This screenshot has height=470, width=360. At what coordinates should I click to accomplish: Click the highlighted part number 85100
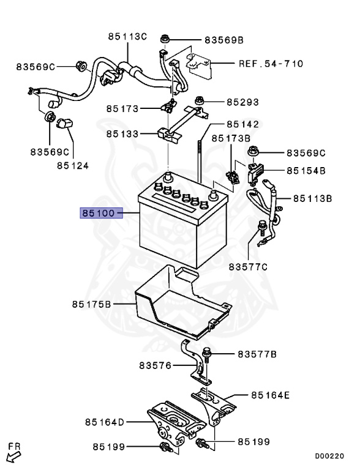[x=97, y=213]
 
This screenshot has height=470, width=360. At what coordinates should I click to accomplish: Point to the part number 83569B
[x=224, y=40]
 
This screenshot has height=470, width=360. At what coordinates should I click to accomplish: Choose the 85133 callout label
[x=122, y=133]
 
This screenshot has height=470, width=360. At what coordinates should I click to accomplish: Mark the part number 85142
[x=242, y=124]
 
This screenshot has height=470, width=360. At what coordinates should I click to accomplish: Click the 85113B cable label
[x=312, y=198]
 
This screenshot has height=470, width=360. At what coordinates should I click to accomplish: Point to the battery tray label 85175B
[x=91, y=304]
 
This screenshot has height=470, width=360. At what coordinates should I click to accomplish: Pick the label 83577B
[x=258, y=354]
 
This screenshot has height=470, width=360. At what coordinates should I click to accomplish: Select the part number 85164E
[x=270, y=395]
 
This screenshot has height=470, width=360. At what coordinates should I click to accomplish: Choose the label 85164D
[x=105, y=422]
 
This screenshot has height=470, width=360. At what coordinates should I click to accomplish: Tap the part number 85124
[x=73, y=165]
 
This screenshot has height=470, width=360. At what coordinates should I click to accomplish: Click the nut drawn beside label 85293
[x=200, y=100]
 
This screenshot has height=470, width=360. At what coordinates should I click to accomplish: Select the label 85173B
[x=231, y=138]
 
